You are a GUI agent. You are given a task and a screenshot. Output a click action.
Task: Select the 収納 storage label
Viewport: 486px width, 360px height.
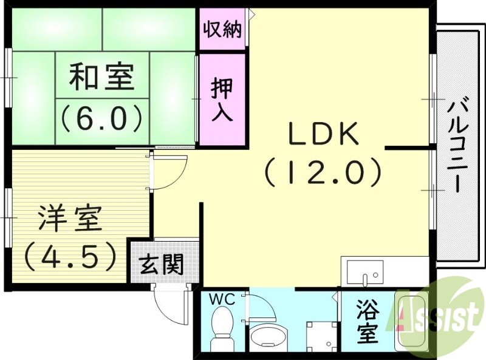(222, 29)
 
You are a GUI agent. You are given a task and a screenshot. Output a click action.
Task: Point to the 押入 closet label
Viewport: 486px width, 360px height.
(222, 100)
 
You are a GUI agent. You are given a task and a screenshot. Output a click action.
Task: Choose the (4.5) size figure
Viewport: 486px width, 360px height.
(69, 256)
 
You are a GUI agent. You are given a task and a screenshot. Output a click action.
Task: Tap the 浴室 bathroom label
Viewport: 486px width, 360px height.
(368, 321)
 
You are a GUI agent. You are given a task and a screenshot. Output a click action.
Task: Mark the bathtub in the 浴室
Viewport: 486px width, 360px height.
(412, 322)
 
